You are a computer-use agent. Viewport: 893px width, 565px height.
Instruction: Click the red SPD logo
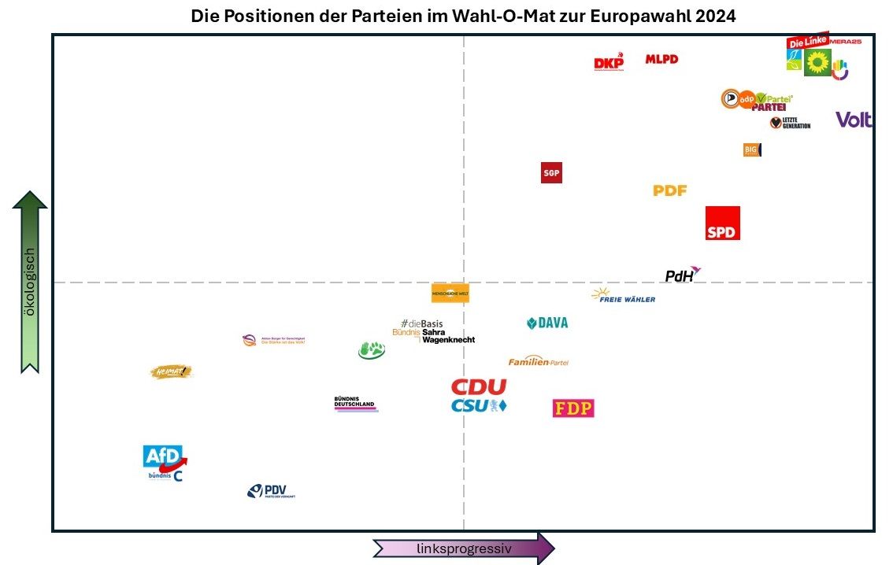tap(722, 223)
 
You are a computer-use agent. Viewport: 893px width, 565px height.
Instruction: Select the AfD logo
tap(165, 456)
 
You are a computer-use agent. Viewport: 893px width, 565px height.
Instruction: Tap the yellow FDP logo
tap(573, 408)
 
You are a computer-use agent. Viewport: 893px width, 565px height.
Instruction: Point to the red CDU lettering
tap(479, 387)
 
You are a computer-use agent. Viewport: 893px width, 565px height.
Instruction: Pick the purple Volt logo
tap(854, 120)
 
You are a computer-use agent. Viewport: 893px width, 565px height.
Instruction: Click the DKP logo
tap(609, 63)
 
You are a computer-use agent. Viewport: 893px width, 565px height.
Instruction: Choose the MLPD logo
tap(661, 59)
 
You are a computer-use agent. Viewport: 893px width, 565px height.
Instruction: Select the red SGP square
tap(551, 172)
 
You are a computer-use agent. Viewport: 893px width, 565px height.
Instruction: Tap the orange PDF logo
tap(670, 190)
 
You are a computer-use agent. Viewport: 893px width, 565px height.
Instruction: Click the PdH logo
tap(682, 275)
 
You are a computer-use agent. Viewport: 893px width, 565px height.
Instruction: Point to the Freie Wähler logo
tap(623, 296)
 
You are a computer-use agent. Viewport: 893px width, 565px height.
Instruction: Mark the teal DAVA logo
tap(547, 323)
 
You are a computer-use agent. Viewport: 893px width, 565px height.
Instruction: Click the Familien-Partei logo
tap(538, 361)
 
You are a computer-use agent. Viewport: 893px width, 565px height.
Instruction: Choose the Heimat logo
tap(172, 371)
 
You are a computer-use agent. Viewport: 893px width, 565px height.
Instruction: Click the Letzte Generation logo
tap(790, 123)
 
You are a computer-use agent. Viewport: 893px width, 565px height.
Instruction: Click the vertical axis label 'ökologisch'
tap(30, 282)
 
